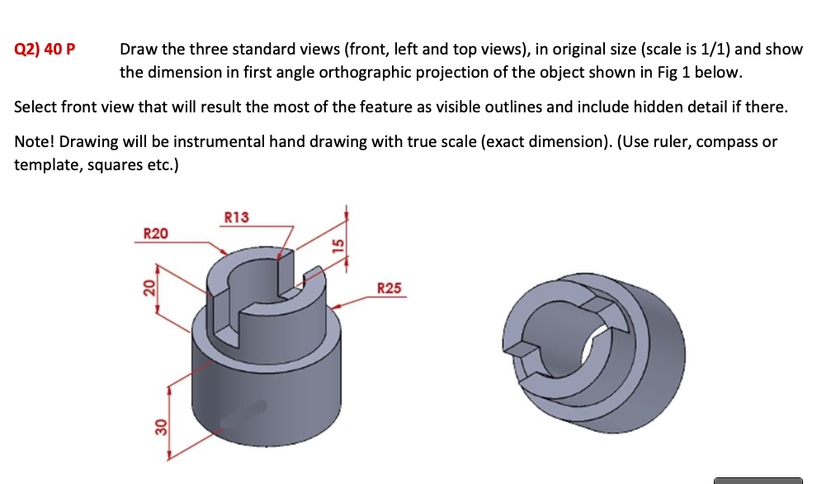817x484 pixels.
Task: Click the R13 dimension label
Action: [x=236, y=217]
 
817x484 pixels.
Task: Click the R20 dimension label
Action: [x=156, y=234]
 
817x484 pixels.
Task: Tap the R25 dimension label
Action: [x=390, y=288]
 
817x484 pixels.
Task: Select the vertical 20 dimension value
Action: [x=149, y=287]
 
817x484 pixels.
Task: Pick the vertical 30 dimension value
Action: [x=161, y=428]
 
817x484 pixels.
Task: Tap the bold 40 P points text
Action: [x=60, y=49]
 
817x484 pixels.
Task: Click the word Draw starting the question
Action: [x=137, y=49]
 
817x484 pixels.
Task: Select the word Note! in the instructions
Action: [x=35, y=141]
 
